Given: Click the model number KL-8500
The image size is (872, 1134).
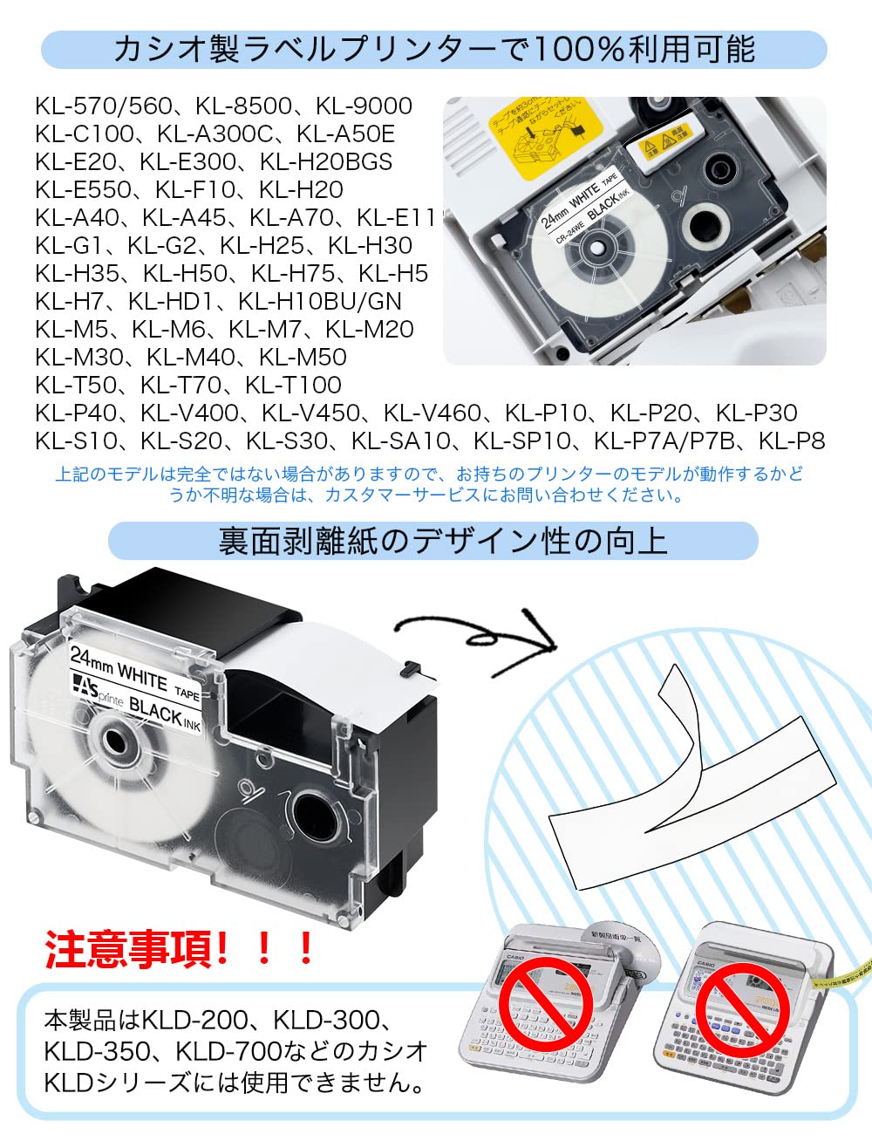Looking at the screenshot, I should (243, 106).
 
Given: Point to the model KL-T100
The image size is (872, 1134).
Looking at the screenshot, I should (293, 386).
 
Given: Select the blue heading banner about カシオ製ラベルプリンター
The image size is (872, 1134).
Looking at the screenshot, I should (433, 50).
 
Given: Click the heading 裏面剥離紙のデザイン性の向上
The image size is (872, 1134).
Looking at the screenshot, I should (433, 542).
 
